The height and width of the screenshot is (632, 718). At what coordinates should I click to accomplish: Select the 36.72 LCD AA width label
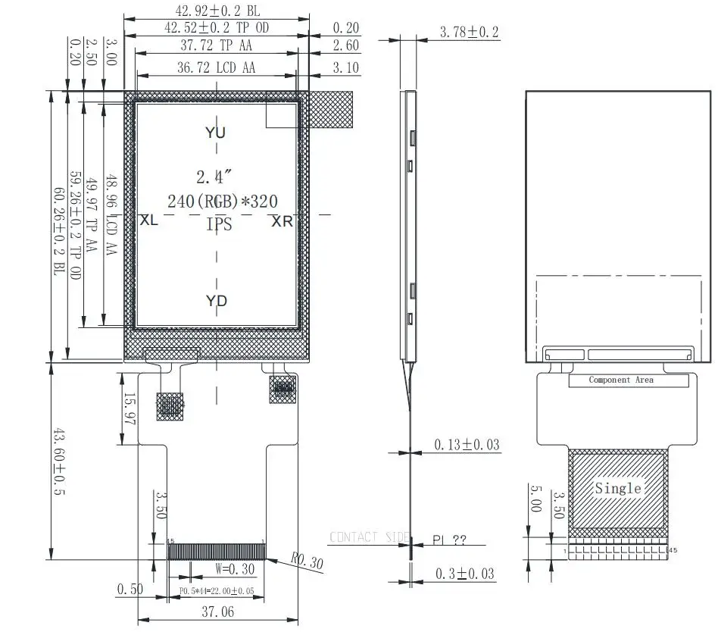[216, 67]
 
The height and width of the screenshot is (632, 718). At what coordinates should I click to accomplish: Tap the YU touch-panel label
[216, 133]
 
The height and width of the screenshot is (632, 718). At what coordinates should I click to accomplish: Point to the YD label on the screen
[217, 301]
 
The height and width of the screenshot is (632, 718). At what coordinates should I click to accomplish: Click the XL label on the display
[149, 220]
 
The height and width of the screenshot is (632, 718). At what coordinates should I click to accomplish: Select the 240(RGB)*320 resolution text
[223, 201]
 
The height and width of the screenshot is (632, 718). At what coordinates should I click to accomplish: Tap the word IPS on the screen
[219, 224]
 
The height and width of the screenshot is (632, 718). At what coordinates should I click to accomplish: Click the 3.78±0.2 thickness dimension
[469, 32]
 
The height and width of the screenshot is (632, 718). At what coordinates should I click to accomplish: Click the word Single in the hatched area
[618, 488]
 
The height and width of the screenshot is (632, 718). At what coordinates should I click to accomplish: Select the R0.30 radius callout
[307, 562]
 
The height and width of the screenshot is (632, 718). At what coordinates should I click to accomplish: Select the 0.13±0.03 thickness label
[467, 444]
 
